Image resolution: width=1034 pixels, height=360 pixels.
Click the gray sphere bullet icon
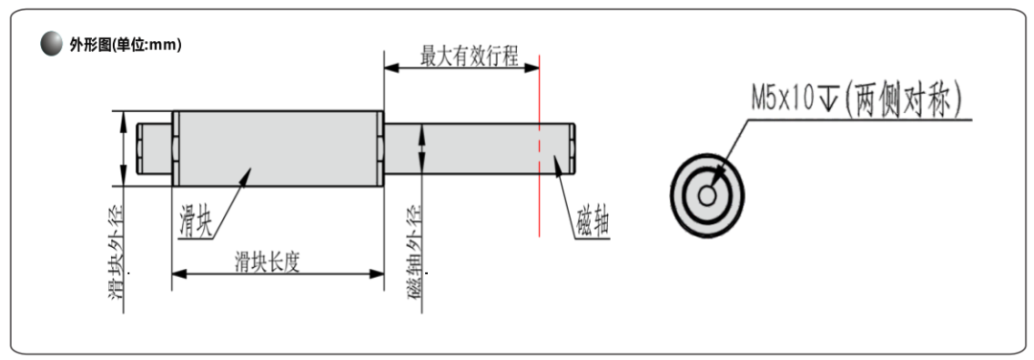(x=51, y=44)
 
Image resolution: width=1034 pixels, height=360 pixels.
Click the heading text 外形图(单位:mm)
(x=125, y=45)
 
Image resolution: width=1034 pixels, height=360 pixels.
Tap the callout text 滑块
(x=196, y=220)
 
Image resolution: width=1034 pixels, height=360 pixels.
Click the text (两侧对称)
(x=902, y=100)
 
